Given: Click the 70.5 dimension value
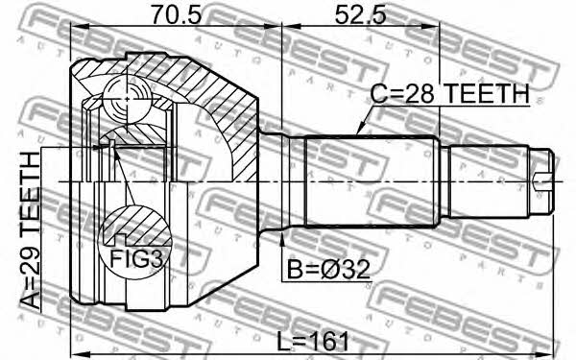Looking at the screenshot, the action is (x=177, y=15).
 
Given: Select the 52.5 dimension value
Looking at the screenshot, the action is (x=360, y=15).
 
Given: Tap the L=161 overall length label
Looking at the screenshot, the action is (x=313, y=341).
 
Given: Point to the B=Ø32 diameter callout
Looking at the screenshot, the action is (x=328, y=270).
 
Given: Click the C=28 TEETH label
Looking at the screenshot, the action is (x=449, y=93).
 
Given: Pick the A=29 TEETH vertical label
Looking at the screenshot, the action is (x=30, y=230).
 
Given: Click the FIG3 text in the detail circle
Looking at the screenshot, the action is (x=136, y=258).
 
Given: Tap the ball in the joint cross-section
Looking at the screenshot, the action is (x=127, y=99).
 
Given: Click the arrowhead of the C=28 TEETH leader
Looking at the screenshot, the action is (x=359, y=131).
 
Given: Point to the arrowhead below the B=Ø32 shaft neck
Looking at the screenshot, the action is (x=282, y=237).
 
